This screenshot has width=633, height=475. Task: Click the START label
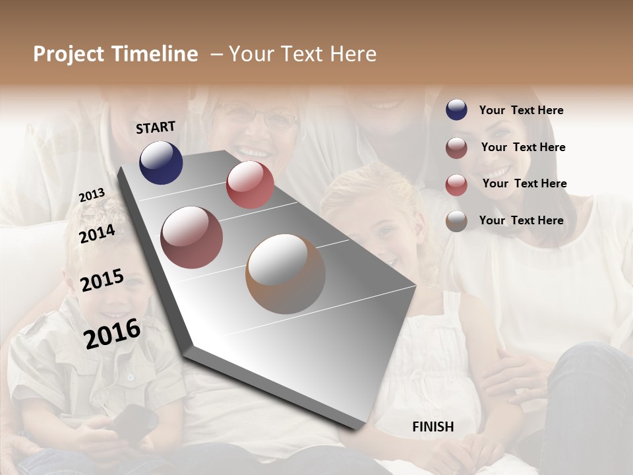(x=156, y=127)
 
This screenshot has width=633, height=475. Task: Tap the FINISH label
(x=433, y=427)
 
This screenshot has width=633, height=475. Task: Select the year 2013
(x=92, y=195)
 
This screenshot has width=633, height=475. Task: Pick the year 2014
(x=97, y=234)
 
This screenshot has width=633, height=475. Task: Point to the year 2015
(x=102, y=280)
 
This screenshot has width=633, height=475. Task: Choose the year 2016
(x=112, y=334)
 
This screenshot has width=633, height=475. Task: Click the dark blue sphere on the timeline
(x=161, y=163)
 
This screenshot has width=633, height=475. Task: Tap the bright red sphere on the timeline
(x=250, y=185)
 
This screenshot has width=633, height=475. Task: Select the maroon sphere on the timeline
(x=192, y=237)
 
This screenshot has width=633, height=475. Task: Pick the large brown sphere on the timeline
(x=286, y=274)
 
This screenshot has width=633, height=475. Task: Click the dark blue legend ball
(x=456, y=110)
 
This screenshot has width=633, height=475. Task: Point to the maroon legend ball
(x=456, y=148)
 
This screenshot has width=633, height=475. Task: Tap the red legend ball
(x=456, y=185)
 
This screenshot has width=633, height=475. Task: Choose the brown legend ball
(x=456, y=221)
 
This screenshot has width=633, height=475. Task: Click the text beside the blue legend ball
(x=521, y=110)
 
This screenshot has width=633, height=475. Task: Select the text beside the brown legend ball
(x=521, y=220)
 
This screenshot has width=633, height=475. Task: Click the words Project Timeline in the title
(x=115, y=54)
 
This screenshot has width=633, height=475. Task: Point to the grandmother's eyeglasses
(x=260, y=117)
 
